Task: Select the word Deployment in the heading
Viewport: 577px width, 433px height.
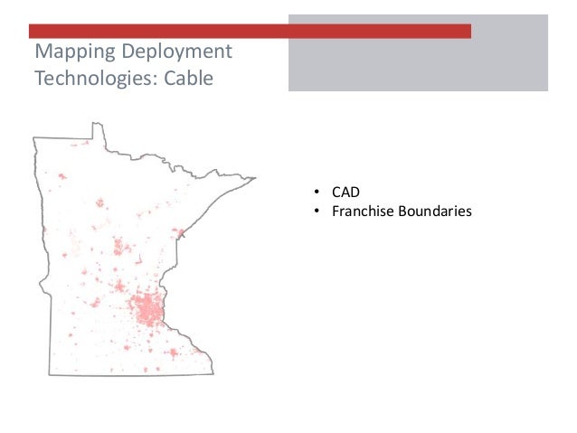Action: click(176, 51)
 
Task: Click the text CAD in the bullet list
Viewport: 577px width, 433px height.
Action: click(345, 193)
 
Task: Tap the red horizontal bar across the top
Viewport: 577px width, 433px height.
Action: click(250, 31)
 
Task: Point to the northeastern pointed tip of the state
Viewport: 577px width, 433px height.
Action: click(254, 178)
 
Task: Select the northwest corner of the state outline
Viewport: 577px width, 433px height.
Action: click(34, 137)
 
